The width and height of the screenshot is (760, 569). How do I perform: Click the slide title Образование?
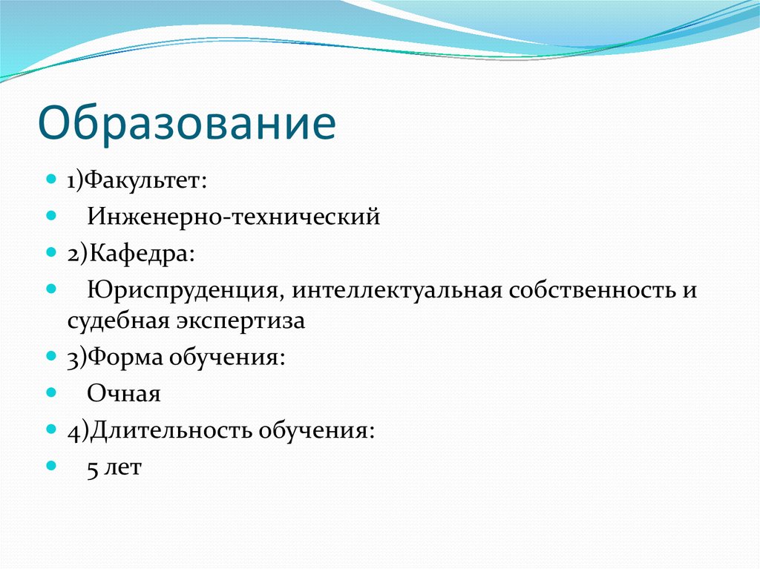click(x=186, y=123)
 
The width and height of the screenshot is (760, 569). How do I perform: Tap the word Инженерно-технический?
click(x=233, y=217)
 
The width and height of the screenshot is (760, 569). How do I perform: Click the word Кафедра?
click(x=141, y=252)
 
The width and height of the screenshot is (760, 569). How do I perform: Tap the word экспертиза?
click(x=241, y=322)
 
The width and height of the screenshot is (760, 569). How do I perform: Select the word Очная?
click(x=123, y=393)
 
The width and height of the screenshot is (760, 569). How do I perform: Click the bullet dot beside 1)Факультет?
click(x=50, y=180)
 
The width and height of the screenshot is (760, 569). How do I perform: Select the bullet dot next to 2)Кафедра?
click(x=50, y=251)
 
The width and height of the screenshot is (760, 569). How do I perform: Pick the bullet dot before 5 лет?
click(x=50, y=466)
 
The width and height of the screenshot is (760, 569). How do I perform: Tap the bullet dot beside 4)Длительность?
click(x=50, y=429)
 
